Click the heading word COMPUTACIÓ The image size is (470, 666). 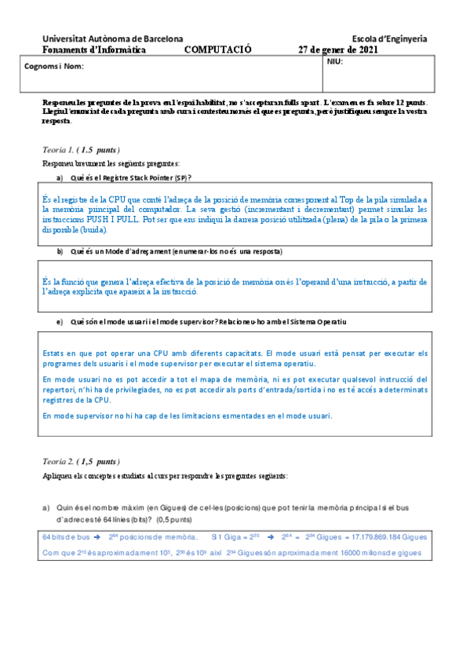218,49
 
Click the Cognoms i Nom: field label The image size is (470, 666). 54,67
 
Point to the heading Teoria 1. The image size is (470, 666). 60,149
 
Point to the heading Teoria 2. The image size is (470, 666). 60,462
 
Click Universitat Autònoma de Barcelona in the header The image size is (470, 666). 113,38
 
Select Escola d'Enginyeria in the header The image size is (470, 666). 389,38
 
